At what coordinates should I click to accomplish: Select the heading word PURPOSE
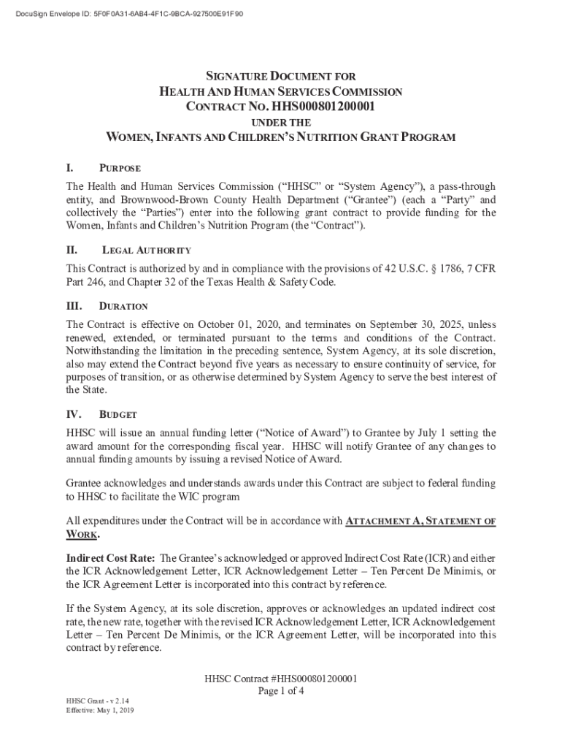120,169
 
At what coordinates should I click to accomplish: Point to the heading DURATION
124,306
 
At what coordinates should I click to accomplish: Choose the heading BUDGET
118,414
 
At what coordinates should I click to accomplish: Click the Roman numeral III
74,306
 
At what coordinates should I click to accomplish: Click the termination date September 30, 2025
409,324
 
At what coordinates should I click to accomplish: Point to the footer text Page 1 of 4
281,691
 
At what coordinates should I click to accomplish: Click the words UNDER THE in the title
281,123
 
